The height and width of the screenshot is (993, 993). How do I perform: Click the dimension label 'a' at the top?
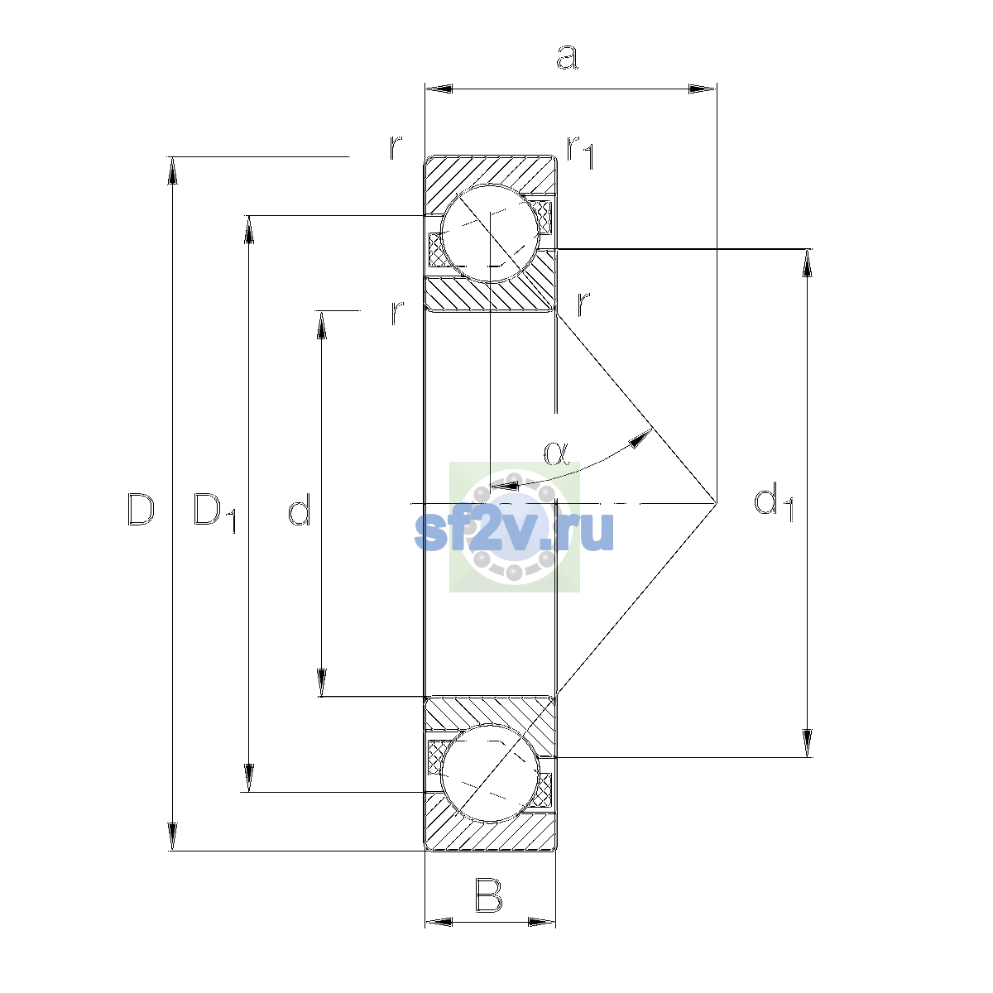(x=568, y=57)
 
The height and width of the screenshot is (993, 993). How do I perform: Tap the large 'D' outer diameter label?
(x=141, y=510)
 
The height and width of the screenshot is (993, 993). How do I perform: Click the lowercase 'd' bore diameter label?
(x=299, y=509)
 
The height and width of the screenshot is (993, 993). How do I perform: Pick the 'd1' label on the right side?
(x=774, y=502)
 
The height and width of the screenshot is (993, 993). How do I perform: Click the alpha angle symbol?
(x=556, y=453)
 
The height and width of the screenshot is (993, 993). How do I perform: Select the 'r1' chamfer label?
(x=580, y=152)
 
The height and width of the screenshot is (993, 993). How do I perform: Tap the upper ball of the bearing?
(x=491, y=233)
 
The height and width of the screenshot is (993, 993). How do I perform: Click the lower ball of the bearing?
(x=490, y=774)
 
